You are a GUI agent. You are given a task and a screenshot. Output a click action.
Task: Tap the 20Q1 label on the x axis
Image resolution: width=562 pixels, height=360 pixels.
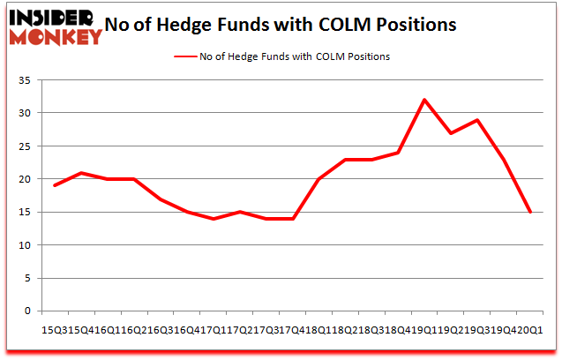531,327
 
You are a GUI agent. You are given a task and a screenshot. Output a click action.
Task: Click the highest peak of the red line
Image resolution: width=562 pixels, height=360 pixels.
424,100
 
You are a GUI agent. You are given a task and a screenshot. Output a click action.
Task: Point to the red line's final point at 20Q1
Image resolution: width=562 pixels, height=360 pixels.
531,212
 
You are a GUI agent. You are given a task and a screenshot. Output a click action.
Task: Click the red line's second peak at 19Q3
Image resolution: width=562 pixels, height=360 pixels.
477,120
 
